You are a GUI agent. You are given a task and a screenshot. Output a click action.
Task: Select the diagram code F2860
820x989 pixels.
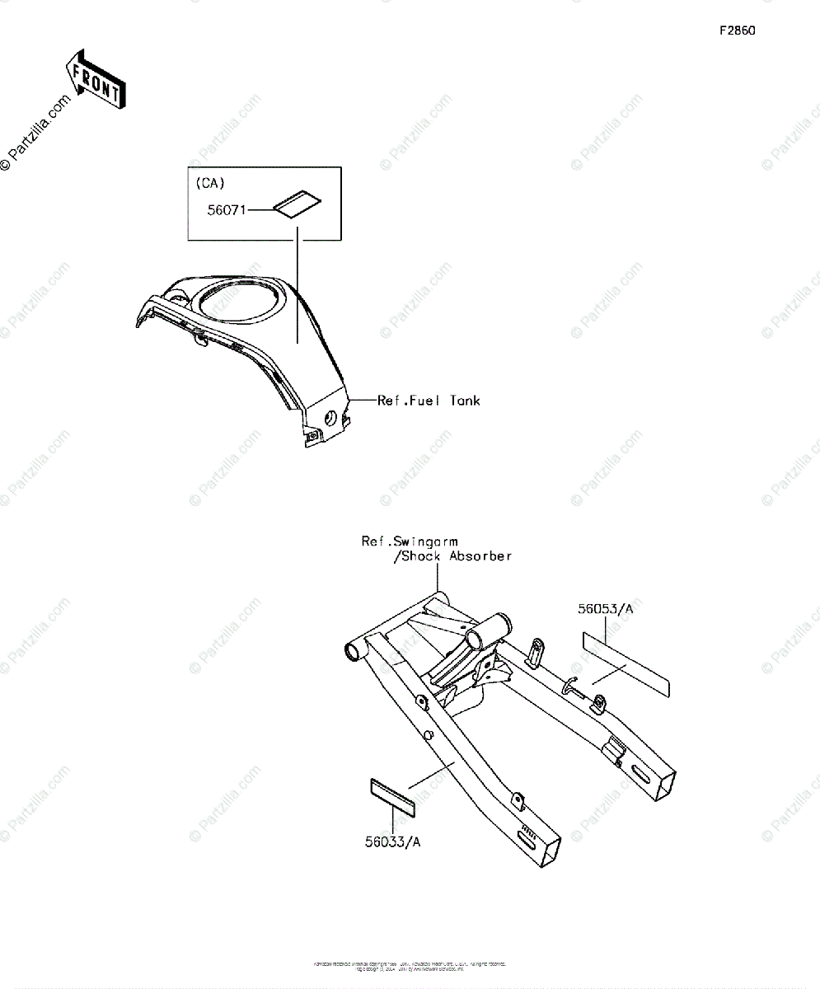[737, 31]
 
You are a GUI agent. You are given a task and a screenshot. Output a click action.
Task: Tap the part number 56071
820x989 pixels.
[225, 210]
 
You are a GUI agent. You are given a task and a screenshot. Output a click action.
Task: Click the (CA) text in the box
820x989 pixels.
[209, 183]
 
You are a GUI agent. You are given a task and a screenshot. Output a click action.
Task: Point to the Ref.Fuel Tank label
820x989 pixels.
[428, 401]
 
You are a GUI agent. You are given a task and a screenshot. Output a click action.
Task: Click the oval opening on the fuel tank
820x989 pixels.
[237, 299]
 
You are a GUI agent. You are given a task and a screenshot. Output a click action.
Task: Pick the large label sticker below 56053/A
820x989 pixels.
[627, 664]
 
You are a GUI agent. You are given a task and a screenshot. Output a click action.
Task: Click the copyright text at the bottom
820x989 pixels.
[410, 966]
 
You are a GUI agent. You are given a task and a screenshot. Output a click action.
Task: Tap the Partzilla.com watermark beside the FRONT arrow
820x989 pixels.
[37, 132]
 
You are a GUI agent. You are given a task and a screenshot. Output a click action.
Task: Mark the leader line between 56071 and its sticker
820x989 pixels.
[260, 210]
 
